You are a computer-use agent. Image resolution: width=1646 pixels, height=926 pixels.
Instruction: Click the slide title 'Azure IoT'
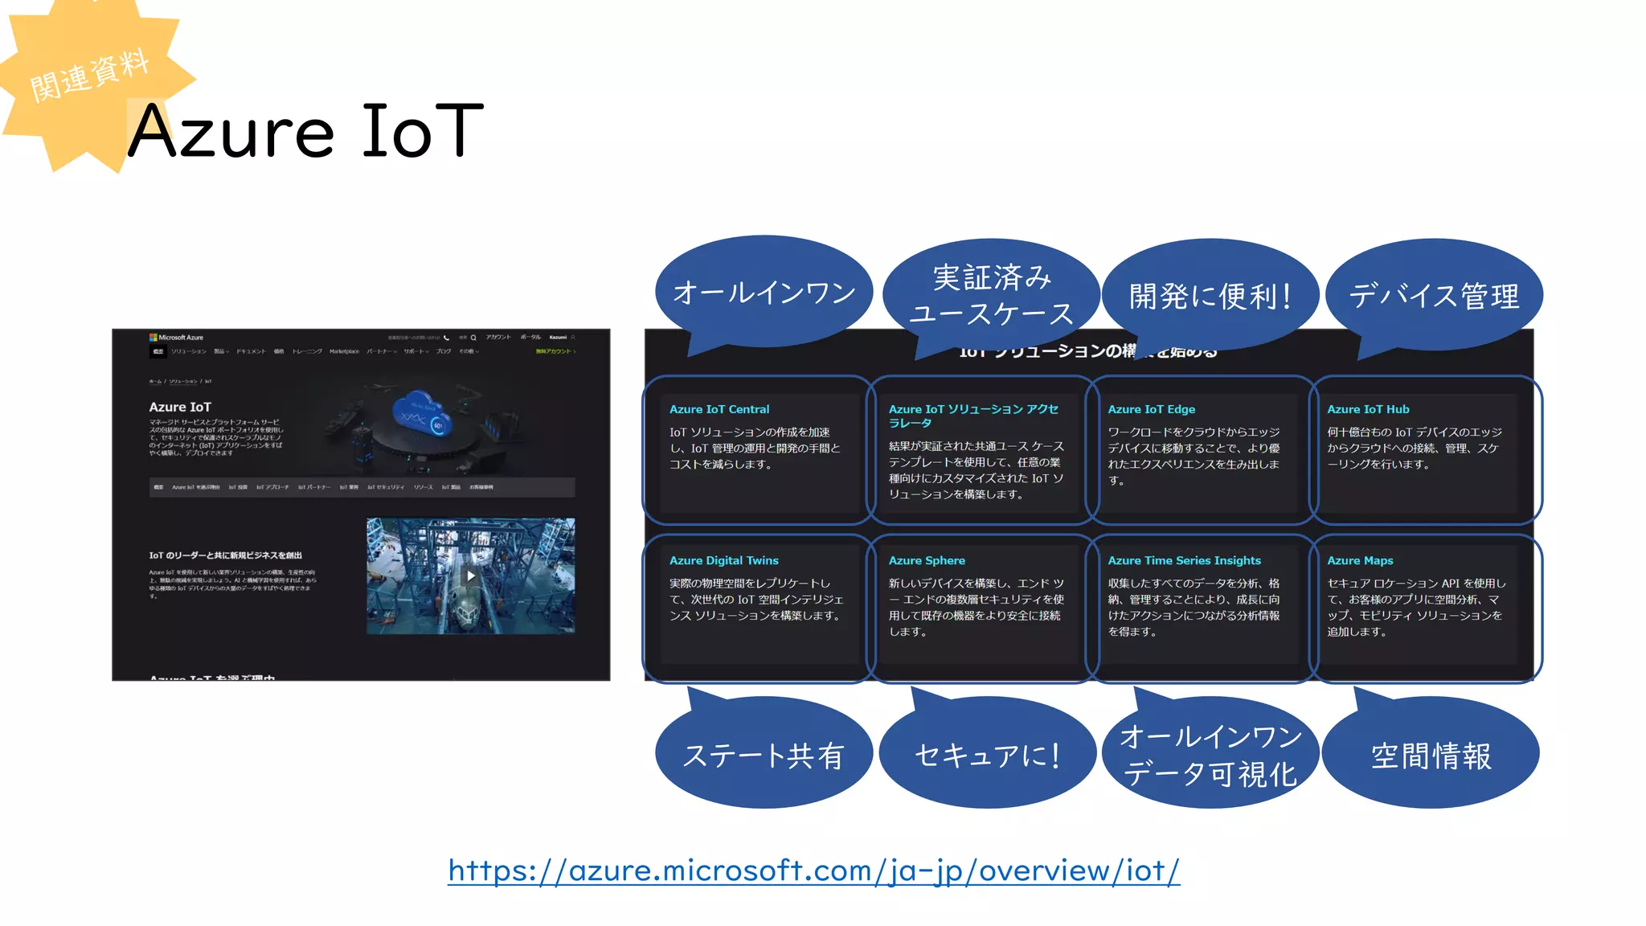click(305, 131)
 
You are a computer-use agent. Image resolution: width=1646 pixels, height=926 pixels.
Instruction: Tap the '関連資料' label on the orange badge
click(89, 75)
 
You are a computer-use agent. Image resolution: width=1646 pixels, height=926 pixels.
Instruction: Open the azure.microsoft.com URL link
click(813, 871)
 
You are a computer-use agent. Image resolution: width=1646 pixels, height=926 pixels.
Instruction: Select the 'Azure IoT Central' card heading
click(719, 409)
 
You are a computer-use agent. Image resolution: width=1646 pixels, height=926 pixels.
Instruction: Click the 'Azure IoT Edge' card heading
click(1151, 409)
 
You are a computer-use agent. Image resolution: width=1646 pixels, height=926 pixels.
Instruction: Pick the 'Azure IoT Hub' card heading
click(1368, 409)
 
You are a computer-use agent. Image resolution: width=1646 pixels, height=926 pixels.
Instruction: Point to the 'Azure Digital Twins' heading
click(723, 560)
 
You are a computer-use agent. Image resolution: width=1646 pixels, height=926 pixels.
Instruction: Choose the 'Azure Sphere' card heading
click(927, 560)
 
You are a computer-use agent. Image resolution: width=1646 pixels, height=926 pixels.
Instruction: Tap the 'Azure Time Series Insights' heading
click(1184, 560)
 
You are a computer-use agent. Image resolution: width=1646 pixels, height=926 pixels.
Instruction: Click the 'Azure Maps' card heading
click(1360, 560)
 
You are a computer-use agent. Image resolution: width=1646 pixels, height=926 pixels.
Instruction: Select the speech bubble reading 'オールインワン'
click(764, 293)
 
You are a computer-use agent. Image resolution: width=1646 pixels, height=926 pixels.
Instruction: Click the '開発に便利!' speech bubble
click(1210, 296)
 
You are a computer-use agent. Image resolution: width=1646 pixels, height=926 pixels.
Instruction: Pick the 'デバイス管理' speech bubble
click(1434, 295)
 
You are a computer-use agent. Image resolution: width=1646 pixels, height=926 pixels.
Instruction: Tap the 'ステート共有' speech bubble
click(764, 754)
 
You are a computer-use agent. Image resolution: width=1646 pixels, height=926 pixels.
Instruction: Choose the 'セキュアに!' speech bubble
click(987, 754)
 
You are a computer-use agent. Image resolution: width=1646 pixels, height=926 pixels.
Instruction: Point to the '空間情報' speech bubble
click(1431, 754)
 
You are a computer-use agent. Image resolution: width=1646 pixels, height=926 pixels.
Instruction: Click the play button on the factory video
click(471, 576)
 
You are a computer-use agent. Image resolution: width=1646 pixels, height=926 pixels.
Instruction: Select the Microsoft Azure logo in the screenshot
click(176, 338)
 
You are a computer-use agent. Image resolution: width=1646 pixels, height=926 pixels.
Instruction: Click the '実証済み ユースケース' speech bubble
click(991, 295)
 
